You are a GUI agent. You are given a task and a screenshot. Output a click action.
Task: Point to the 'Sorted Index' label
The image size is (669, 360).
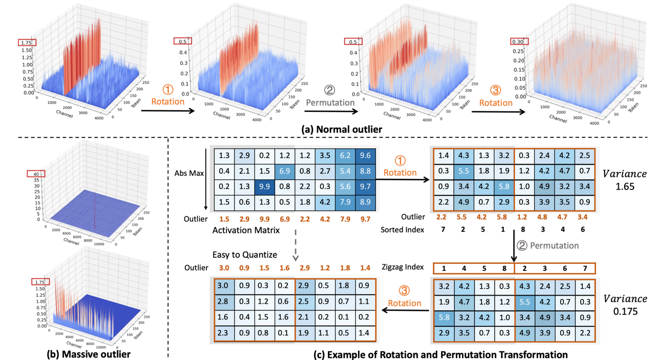click(x=402, y=230)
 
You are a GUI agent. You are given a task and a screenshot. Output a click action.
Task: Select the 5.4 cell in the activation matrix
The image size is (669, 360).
click(x=345, y=172)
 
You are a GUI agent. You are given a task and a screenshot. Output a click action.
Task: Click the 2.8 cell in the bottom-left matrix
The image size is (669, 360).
click(x=223, y=301)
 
